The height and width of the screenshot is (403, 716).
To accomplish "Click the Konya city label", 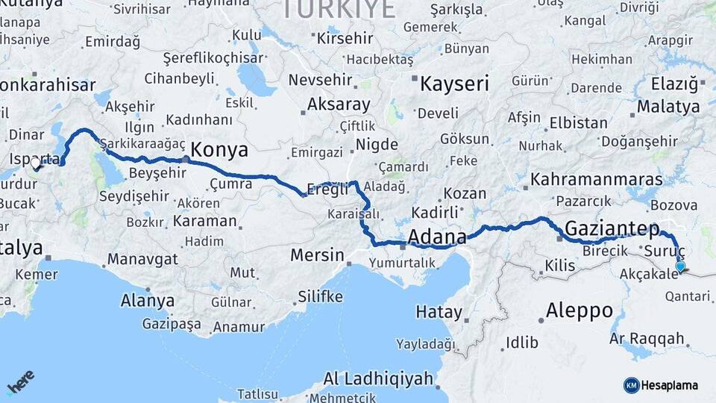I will tap(220, 150).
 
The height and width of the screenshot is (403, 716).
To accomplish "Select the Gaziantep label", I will tap(612, 228).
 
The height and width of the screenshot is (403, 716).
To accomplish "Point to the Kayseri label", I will tap(454, 84).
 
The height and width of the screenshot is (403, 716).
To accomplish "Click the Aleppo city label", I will tap(579, 310).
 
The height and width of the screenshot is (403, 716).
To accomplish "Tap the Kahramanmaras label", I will tap(597, 180).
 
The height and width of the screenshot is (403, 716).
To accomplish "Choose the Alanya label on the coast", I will tap(147, 302).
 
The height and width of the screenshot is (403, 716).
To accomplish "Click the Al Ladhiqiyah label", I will tap(378, 379).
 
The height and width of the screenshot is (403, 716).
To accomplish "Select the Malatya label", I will tap(668, 107).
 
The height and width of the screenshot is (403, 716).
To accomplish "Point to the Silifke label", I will tap(320, 297).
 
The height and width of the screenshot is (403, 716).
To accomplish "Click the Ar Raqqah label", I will tap(647, 340).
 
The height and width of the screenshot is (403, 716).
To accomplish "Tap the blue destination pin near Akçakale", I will tap(679, 266).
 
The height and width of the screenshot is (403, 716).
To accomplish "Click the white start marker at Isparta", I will tap(35, 163).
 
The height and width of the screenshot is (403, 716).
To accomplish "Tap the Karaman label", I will tap(204, 222).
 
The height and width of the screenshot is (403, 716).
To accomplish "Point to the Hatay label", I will tap(439, 311).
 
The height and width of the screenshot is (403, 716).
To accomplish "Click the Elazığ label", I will tap(673, 84).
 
